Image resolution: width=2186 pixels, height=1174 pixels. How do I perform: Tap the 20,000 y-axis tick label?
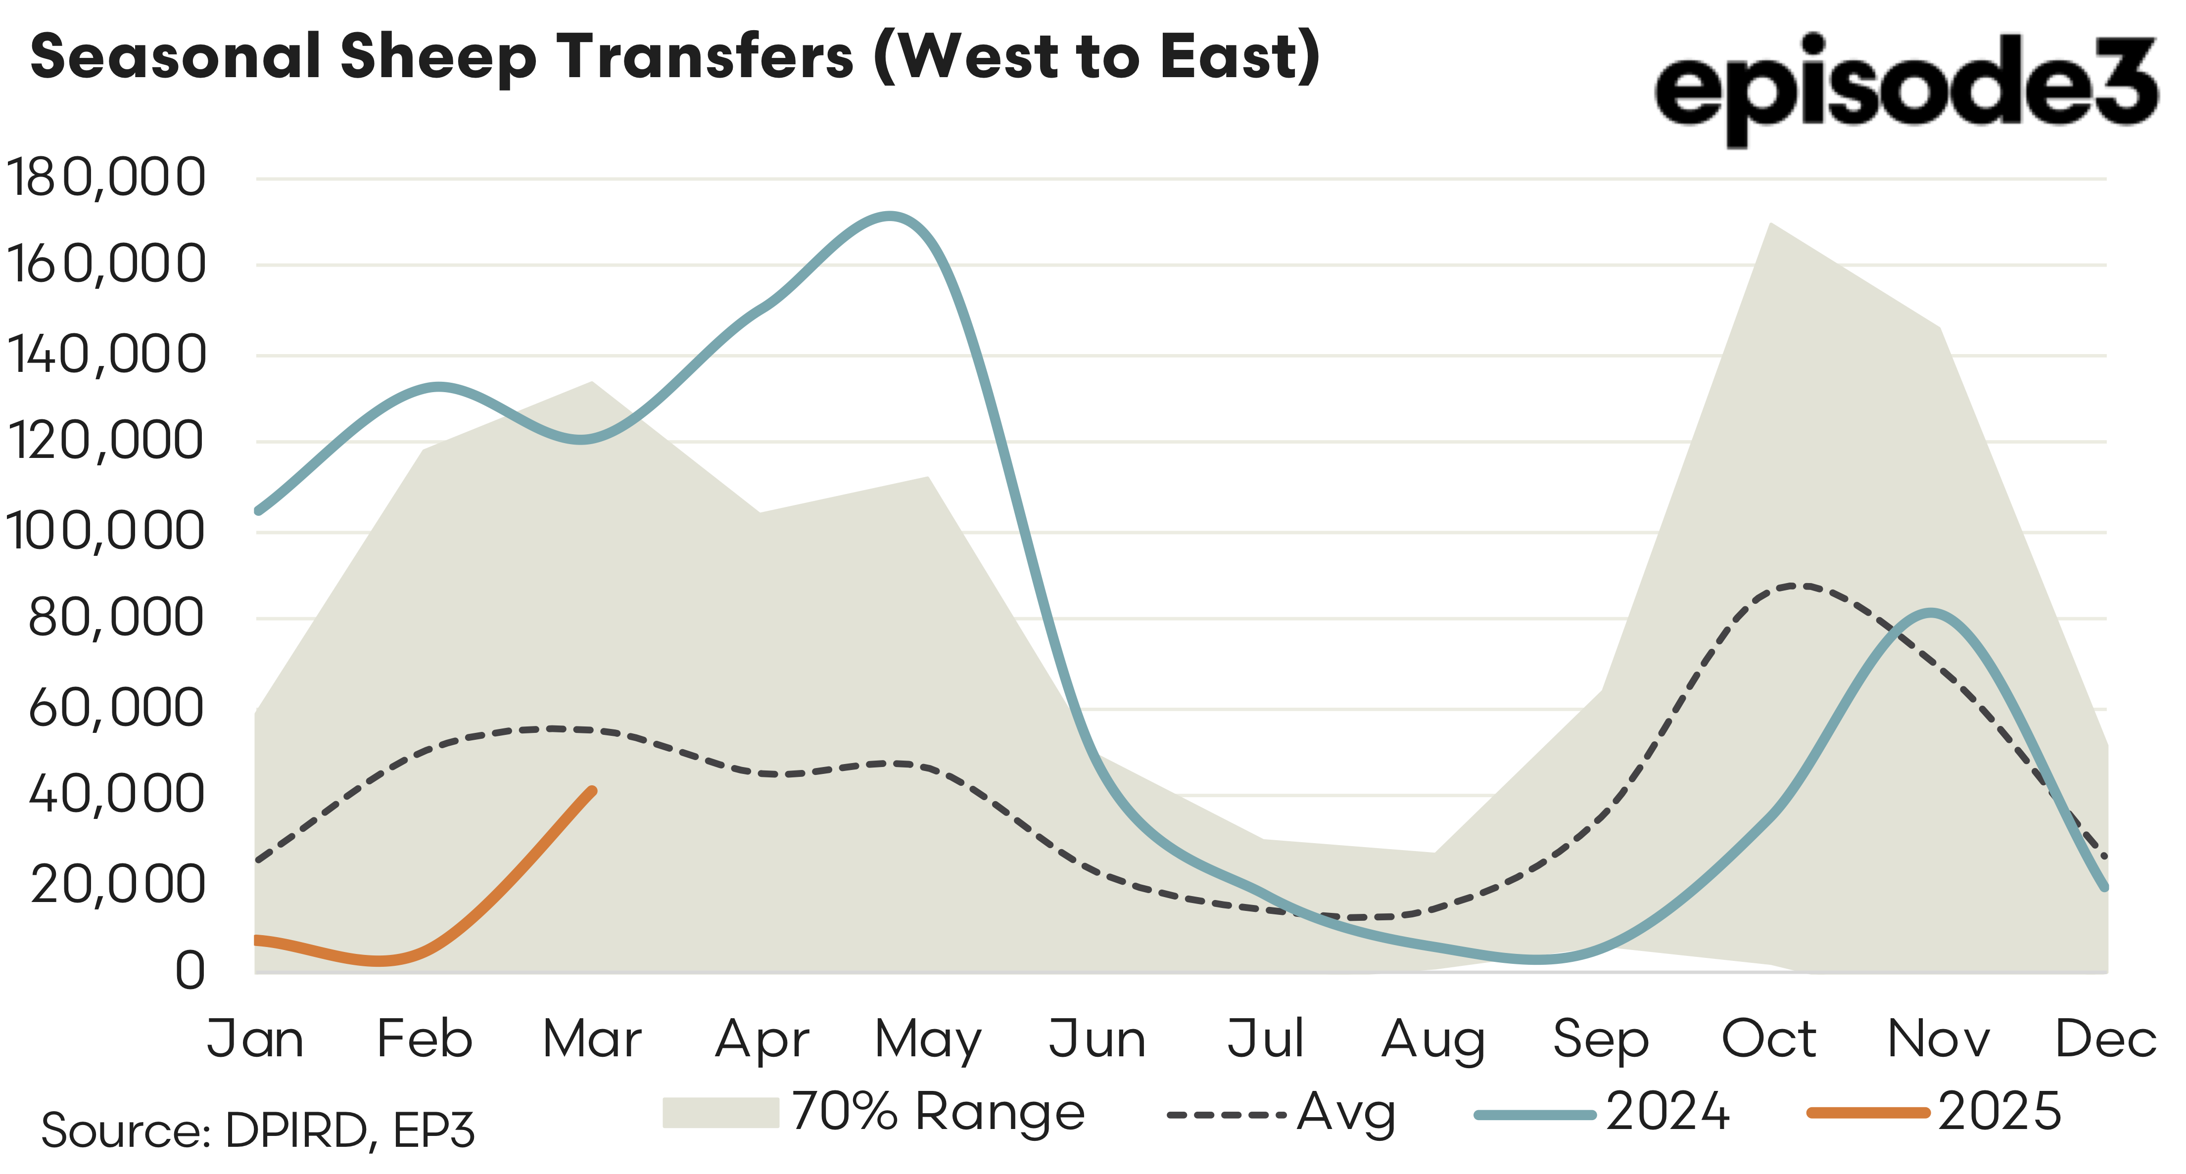tap(118, 883)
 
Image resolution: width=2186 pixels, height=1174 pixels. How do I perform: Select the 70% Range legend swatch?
tap(720, 1112)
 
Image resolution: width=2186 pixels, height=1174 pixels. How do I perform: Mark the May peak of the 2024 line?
tap(889, 216)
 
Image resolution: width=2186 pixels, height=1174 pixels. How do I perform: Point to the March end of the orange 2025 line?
tap(591, 791)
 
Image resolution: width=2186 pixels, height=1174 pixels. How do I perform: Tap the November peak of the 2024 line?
tap(1931, 612)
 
